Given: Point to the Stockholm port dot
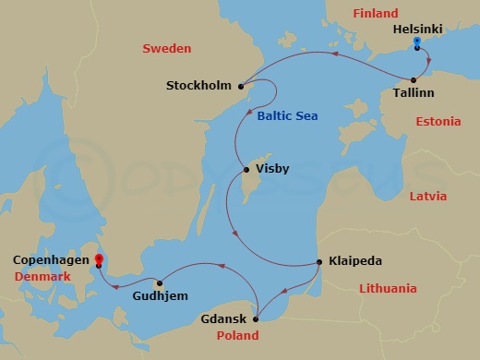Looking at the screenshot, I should [241, 87].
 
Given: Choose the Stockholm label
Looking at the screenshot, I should [198, 87].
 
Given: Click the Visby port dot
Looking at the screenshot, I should [245, 170].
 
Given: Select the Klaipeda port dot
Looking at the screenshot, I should [319, 261].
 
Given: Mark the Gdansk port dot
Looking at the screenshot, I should [256, 320].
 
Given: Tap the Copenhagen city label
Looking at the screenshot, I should [50, 261].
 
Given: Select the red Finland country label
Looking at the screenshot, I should [375, 14].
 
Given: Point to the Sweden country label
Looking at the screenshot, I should [166, 48].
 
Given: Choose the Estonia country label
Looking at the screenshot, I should [438, 122].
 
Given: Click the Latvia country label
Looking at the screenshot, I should [427, 197].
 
